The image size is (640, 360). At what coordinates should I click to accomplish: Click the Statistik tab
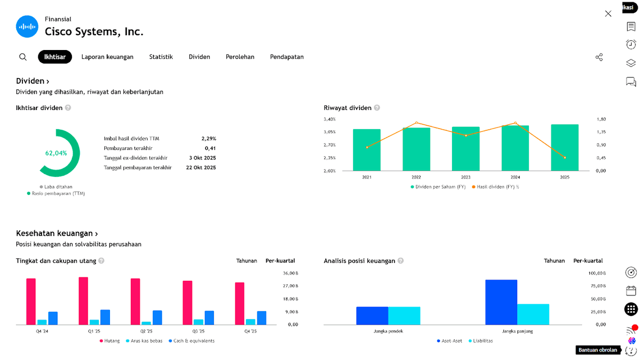coord(161,57)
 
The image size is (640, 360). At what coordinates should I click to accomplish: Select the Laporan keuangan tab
coord(107,57)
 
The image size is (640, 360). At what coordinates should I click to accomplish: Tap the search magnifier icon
coord(23,57)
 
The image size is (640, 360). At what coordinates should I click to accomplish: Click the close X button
coord(608,13)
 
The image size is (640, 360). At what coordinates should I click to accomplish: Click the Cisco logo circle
coord(27,26)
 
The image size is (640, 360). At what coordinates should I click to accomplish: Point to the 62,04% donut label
coord(56,153)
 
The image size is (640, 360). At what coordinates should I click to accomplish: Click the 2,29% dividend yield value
coord(208,138)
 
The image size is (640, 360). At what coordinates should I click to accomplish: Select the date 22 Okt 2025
coord(201,167)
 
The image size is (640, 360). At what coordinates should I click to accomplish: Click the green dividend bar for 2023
coord(465,148)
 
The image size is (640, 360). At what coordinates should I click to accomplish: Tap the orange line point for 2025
coord(565,158)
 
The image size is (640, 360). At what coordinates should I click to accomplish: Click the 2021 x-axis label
coord(367,177)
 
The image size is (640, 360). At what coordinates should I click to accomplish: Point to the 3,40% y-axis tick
coord(330,119)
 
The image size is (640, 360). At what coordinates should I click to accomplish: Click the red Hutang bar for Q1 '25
coord(83,300)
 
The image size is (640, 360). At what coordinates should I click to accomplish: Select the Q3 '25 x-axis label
coord(198,331)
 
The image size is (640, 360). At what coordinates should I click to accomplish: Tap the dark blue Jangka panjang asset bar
coord(501,302)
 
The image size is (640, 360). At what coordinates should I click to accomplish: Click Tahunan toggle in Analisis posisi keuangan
coord(554,261)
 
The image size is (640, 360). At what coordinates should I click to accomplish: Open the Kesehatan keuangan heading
coord(57,233)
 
